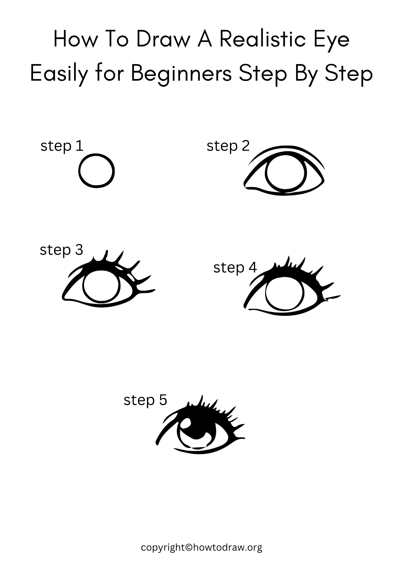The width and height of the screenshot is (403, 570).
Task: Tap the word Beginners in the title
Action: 181,74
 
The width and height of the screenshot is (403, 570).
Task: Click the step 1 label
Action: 62,146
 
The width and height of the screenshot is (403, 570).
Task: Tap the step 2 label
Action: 228,146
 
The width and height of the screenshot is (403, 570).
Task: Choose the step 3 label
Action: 61,250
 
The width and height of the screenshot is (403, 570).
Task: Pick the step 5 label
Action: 145,400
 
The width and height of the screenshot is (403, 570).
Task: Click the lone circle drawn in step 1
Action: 97,171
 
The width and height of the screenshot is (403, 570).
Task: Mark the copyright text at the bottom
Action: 201,547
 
